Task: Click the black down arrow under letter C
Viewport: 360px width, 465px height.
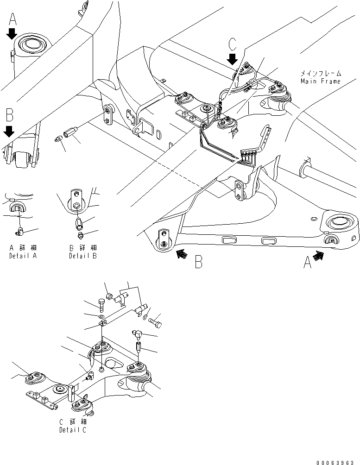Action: (233, 59)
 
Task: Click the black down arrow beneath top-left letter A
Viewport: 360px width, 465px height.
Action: (13, 33)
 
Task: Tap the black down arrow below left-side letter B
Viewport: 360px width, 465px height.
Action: (9, 132)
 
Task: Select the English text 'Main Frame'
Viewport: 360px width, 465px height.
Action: (320, 81)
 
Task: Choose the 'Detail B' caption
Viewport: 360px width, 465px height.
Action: (82, 256)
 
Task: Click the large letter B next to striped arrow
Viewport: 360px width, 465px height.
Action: (198, 262)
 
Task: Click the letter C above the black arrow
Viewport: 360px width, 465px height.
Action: (233, 45)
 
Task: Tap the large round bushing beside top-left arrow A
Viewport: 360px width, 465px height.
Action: (32, 44)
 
